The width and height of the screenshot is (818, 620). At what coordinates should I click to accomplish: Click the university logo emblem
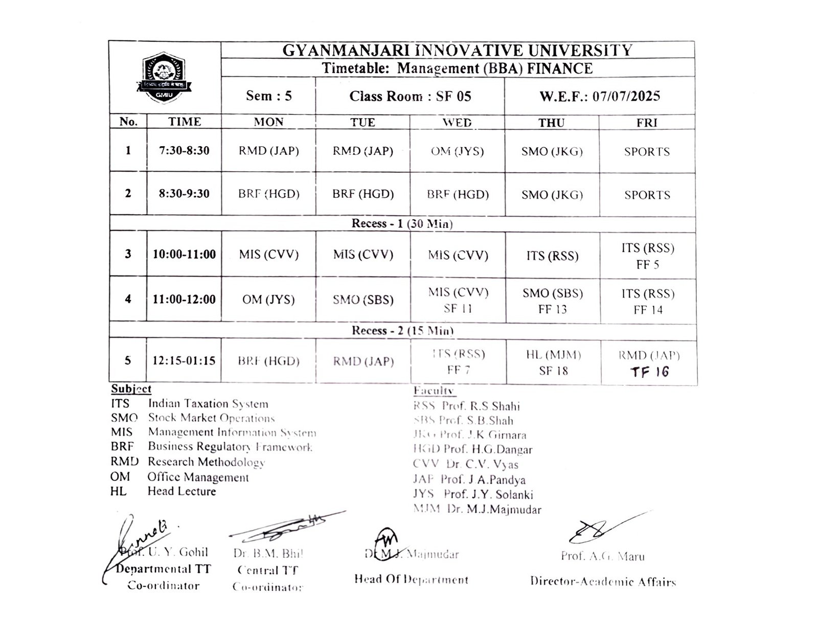[x=164, y=78]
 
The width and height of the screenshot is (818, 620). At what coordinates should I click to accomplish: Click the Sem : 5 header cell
[x=268, y=96]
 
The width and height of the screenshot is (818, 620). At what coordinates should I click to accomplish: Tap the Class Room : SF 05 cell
[x=410, y=96]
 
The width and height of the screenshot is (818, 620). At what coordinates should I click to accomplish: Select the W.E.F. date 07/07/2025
[x=600, y=96]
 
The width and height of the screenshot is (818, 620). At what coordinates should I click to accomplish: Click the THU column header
[x=551, y=123]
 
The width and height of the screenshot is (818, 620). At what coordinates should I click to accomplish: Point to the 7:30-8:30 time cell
[x=184, y=151]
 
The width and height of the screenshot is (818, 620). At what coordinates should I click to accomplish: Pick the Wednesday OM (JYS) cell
[x=457, y=151]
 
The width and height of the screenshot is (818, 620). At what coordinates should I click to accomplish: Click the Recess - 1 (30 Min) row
[x=402, y=224]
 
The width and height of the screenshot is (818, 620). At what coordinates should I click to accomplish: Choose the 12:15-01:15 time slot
[x=184, y=361]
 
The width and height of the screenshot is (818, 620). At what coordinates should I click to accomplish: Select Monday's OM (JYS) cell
[x=268, y=300]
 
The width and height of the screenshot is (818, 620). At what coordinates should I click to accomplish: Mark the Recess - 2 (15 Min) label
[x=402, y=331]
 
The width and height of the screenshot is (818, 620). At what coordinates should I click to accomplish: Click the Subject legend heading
[x=131, y=389]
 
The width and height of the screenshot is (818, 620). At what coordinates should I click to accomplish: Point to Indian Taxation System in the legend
[x=208, y=404]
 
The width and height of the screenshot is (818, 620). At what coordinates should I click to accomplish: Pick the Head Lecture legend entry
[x=181, y=491]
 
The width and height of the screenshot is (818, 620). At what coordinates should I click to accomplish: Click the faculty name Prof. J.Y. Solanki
[x=488, y=494]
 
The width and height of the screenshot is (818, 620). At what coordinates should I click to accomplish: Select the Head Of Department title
[x=411, y=580]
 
